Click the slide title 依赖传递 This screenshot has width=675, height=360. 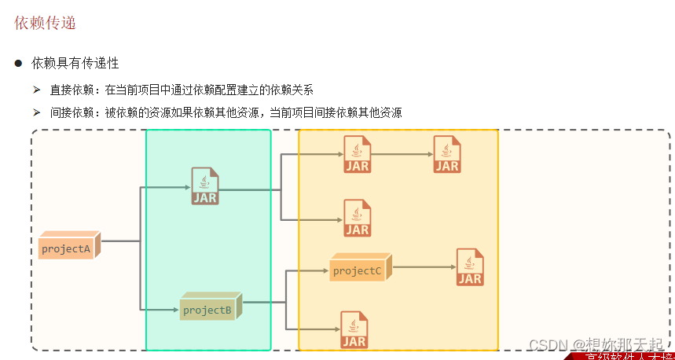(45, 24)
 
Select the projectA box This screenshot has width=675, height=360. (68, 248)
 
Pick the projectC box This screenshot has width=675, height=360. (358, 270)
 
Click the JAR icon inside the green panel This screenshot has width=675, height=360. (205, 186)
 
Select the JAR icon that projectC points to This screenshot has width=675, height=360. (470, 267)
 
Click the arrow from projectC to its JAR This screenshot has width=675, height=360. (424, 267)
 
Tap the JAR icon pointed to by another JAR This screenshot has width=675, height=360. (447, 154)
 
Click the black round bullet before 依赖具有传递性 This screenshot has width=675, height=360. (18, 62)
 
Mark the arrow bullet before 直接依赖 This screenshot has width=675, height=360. (36, 89)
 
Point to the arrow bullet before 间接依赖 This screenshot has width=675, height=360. (36, 112)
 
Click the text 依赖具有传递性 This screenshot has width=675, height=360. (75, 62)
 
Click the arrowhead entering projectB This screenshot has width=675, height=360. (175, 310)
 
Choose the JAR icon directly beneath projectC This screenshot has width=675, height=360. (354, 330)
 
